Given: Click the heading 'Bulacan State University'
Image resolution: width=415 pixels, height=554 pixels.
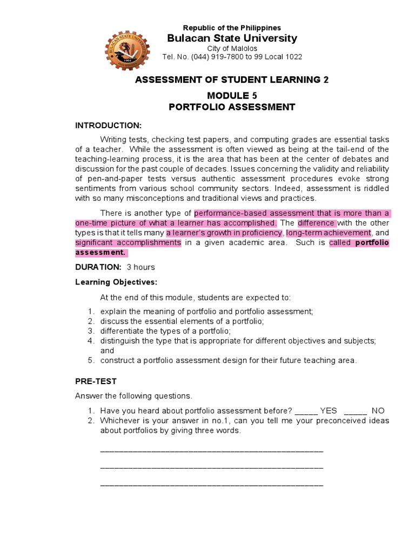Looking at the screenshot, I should [x=232, y=38].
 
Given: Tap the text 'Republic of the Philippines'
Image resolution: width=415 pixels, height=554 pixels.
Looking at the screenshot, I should [x=232, y=28].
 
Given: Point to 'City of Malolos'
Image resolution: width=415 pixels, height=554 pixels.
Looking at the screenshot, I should [x=232, y=48].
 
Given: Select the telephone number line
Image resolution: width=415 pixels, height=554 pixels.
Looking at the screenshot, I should [x=232, y=57].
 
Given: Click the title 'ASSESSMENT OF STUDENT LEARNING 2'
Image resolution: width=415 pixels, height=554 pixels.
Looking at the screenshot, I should [x=232, y=80].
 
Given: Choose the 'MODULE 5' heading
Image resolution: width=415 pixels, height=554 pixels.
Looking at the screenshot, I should [x=232, y=95].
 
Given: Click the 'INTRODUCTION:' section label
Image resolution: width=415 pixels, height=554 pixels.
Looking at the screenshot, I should [x=108, y=126].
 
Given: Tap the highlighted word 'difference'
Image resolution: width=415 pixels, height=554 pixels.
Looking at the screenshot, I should [x=317, y=223].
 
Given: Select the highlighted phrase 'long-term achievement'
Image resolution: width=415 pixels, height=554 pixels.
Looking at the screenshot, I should [x=329, y=233].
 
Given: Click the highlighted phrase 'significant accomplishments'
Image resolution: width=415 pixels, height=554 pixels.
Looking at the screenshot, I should [x=128, y=243].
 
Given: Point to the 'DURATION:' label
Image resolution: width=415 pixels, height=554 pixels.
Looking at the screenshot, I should [x=98, y=267].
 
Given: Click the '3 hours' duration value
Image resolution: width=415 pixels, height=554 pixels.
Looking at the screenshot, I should [x=140, y=267].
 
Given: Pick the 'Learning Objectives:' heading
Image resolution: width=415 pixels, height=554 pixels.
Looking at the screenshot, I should [x=116, y=282].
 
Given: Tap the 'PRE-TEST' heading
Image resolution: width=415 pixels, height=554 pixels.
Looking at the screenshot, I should [x=96, y=381].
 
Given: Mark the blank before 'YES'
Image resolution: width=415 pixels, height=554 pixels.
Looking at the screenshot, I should [x=306, y=411].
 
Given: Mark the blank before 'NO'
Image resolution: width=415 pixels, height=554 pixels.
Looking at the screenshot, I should [x=355, y=411].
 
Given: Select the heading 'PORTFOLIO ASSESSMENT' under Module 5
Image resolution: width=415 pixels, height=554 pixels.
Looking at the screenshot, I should [x=232, y=107].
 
